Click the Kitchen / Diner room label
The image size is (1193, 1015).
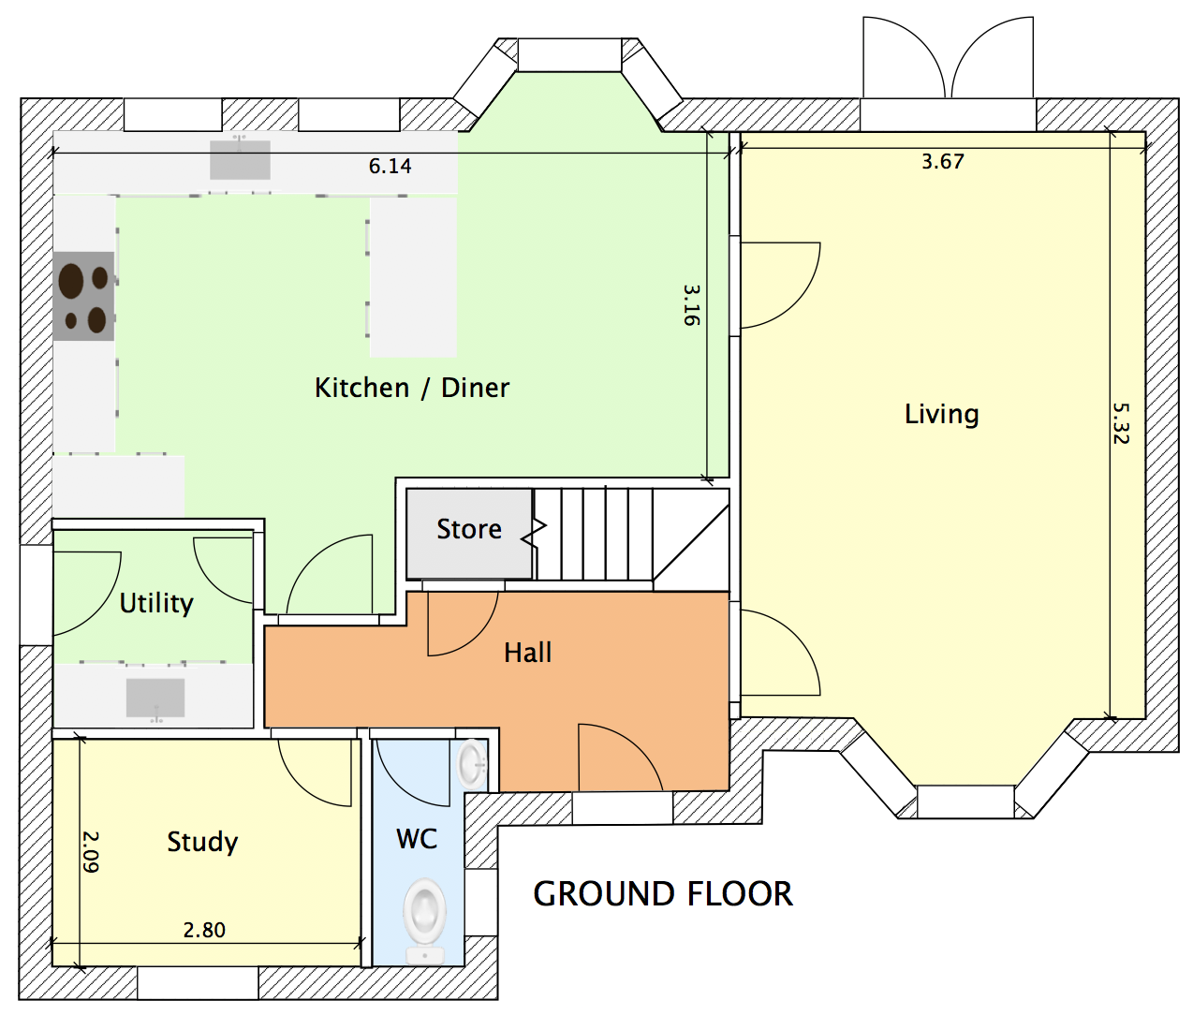tap(412, 388)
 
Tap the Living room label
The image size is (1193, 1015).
tap(941, 414)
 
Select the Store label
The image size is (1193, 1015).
tap(469, 529)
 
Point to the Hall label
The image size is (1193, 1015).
tap(527, 653)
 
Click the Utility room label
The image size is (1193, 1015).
tap(156, 603)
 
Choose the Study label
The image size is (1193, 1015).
tap(202, 842)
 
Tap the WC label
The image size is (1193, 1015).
tap(417, 839)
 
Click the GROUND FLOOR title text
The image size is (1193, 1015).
tap(663, 894)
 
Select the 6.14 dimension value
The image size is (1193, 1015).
tap(390, 167)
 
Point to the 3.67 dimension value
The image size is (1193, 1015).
tap(942, 162)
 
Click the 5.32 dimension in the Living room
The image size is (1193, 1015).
tap(1121, 423)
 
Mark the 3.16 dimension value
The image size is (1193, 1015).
tap(691, 305)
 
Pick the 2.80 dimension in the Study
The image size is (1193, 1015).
tap(204, 930)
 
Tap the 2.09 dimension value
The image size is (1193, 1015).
tap(91, 851)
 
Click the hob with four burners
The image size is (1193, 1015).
tap(84, 296)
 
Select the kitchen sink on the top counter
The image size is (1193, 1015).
tap(240, 159)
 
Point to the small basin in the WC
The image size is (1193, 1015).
tap(472, 763)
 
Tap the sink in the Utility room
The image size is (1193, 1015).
tap(155, 698)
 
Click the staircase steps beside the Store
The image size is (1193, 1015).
tap(594, 534)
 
